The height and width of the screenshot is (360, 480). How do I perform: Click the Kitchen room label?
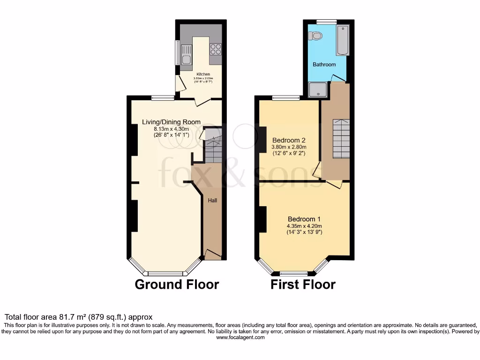203,74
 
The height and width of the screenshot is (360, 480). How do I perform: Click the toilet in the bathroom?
317,36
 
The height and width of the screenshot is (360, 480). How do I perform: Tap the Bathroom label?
324,64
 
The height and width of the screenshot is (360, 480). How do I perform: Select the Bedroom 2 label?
289,140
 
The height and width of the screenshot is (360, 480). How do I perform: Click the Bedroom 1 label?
304,219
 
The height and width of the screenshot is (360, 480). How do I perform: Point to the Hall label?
212,200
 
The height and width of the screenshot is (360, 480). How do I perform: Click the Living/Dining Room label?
171,122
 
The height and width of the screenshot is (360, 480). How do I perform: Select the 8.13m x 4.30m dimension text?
171,129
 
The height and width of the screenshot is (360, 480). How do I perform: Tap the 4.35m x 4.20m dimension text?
304,226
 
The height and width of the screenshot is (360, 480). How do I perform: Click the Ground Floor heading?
177,285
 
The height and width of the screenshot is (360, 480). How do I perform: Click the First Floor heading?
303,285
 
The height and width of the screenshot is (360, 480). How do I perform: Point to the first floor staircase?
341,139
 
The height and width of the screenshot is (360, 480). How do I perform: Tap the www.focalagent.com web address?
240,337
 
